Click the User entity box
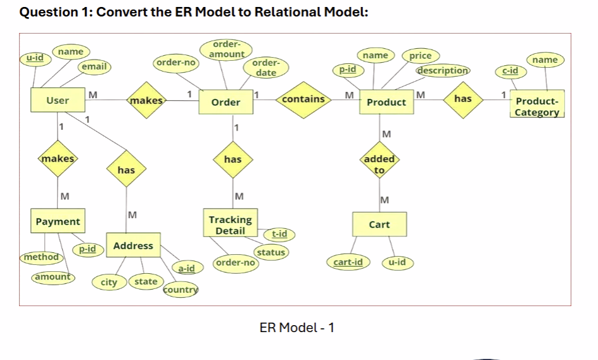(x=58, y=101)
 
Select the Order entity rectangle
(x=226, y=103)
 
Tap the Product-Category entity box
(x=537, y=106)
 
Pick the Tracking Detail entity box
(x=230, y=225)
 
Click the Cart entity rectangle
(x=379, y=225)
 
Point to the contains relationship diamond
(x=303, y=100)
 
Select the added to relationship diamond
(x=379, y=164)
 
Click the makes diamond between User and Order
(x=146, y=100)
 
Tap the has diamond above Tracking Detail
(x=232, y=160)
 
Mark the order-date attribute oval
(x=266, y=68)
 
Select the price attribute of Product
(x=420, y=56)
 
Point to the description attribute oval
(x=443, y=70)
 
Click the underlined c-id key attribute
(x=511, y=71)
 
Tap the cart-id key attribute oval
(x=348, y=262)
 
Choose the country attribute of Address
(x=181, y=290)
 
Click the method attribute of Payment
(x=41, y=257)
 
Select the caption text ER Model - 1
(x=296, y=328)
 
